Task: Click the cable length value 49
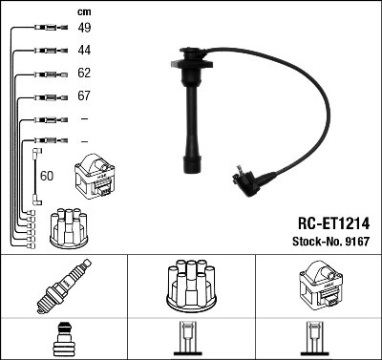coord(84,28)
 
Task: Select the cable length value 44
coord(84,50)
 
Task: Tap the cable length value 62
coord(84,73)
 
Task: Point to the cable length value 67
coord(84,96)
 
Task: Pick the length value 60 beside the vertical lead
coord(46,176)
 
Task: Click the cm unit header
coord(83,11)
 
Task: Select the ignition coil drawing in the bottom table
coord(317,285)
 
